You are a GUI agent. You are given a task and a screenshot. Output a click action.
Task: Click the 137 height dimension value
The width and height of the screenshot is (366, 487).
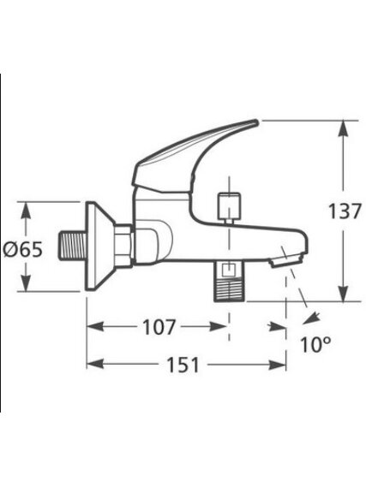(345, 211)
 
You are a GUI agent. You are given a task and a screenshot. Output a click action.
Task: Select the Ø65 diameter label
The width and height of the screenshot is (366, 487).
(22, 249)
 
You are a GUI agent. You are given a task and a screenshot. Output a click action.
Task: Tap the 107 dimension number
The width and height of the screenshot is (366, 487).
(159, 327)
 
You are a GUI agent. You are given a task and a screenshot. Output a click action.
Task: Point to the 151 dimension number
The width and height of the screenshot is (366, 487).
(183, 365)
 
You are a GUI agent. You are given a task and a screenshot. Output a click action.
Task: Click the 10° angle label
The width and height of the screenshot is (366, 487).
(315, 344)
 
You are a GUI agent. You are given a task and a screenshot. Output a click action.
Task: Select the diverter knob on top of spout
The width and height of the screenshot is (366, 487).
(230, 205)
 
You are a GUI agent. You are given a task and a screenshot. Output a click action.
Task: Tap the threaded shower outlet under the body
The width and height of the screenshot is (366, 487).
(230, 281)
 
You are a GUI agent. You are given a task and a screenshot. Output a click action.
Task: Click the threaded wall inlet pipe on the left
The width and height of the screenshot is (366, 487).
(72, 246)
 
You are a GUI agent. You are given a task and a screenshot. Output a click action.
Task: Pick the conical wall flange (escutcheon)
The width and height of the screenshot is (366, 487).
(99, 246)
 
